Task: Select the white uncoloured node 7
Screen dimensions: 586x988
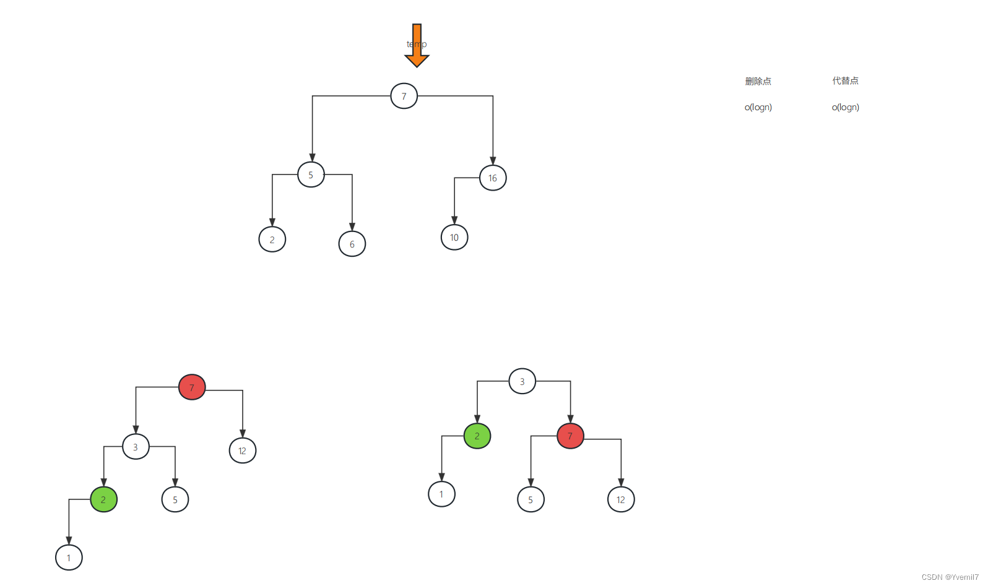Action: pos(404,96)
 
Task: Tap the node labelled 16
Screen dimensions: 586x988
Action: pos(493,178)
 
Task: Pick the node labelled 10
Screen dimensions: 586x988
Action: pos(454,238)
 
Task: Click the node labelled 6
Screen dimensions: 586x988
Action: pos(352,244)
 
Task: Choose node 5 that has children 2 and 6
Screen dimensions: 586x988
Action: pos(311,175)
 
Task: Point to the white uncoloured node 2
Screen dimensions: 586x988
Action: pos(272,239)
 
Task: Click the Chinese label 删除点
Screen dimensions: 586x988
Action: pos(758,81)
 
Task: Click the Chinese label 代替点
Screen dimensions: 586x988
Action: pos(845,81)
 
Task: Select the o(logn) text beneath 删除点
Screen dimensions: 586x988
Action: pos(758,107)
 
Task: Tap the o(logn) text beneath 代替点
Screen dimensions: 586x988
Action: pos(845,107)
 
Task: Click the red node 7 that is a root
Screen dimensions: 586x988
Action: pos(192,387)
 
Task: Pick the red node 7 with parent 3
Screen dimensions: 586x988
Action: pos(570,436)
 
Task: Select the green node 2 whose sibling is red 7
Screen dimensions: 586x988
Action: pos(477,436)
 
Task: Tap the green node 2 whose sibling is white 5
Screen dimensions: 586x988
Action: pos(103,499)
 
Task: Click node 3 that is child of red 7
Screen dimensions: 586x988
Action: pos(136,447)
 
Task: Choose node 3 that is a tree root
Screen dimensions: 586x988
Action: pos(522,381)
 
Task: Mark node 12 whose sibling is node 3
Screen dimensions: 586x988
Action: pos(243,450)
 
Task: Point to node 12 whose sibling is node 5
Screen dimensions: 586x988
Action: pos(621,499)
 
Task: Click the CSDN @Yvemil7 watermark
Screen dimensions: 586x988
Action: pos(950,577)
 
